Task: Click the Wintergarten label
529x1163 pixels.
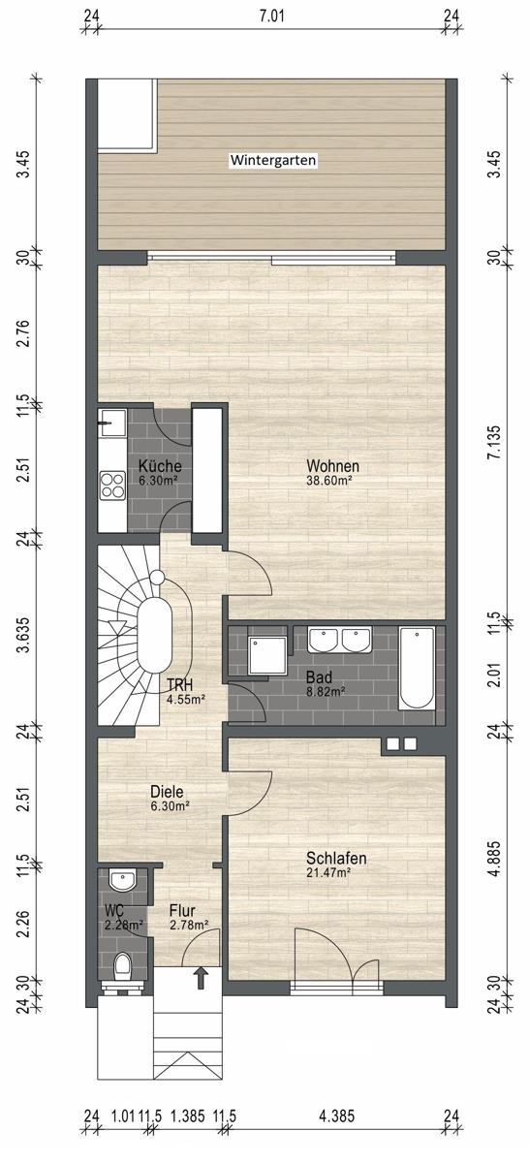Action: (x=273, y=160)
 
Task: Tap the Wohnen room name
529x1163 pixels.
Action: (x=332, y=466)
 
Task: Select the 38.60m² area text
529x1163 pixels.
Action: (x=329, y=481)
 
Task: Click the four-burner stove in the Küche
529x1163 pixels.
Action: (x=112, y=485)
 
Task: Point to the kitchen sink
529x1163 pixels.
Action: (x=112, y=424)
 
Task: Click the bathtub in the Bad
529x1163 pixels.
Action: (x=417, y=668)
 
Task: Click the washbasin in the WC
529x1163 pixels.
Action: (x=122, y=880)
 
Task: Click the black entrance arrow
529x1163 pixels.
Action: (x=201, y=978)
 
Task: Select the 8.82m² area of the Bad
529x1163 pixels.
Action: (x=326, y=692)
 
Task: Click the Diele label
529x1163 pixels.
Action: (x=167, y=792)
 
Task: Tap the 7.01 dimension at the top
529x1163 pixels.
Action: (x=272, y=16)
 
